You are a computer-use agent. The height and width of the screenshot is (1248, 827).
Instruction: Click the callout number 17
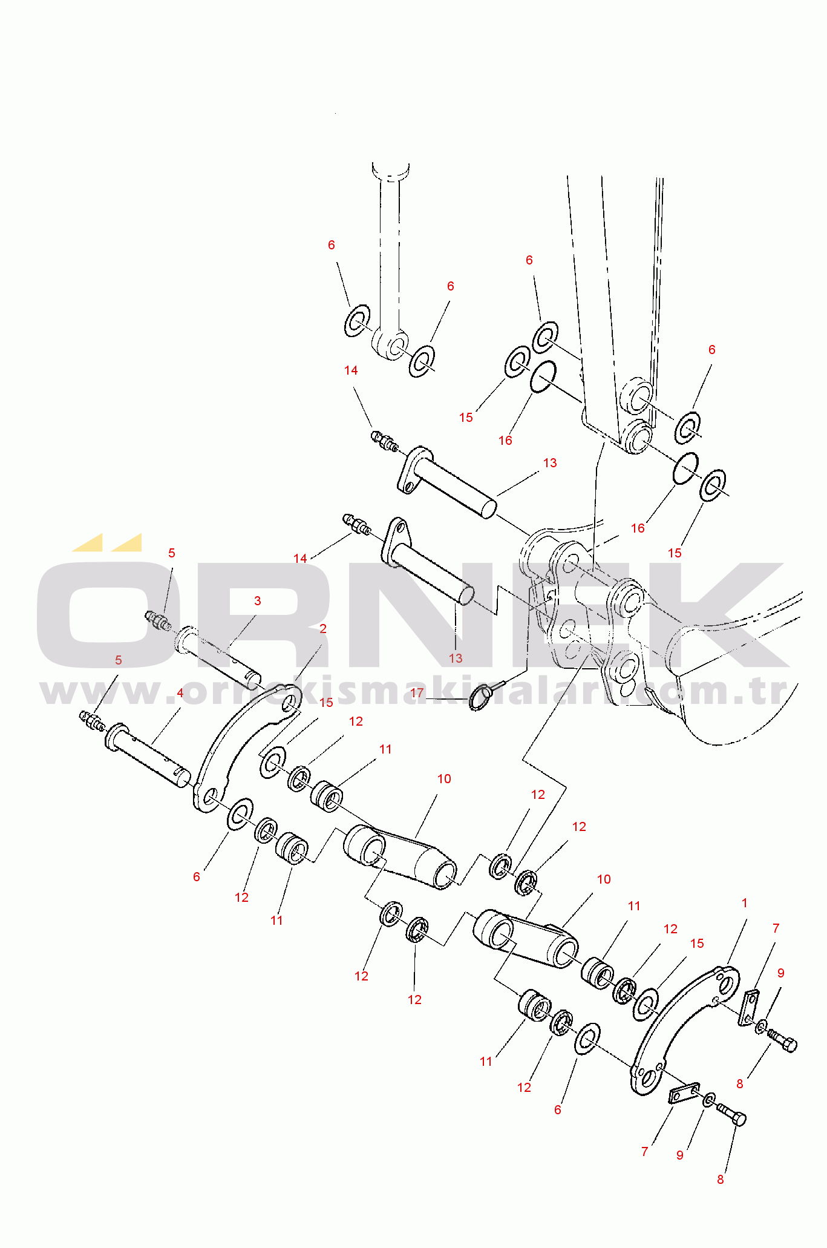click(417, 692)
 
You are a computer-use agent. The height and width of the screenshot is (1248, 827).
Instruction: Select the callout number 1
click(744, 903)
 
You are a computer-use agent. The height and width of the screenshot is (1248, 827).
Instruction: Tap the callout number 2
click(323, 629)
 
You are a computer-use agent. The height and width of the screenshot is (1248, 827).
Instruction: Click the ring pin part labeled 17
click(482, 697)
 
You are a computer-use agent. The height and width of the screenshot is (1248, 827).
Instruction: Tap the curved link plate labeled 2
click(242, 750)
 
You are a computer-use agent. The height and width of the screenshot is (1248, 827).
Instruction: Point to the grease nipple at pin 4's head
click(92, 720)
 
